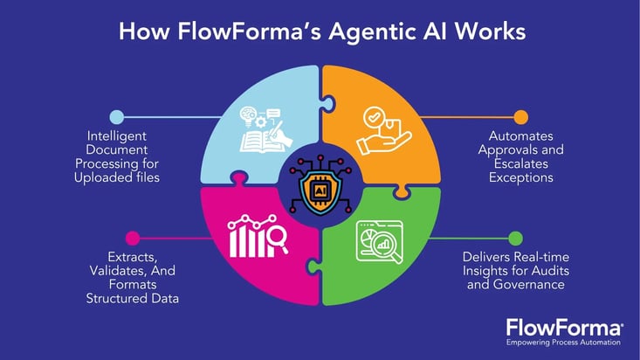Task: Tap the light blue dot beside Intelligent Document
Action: (116, 116)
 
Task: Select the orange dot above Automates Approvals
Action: (521, 116)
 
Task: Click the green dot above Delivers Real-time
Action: (515, 238)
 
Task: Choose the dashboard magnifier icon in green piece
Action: (378, 240)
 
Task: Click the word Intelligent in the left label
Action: (117, 135)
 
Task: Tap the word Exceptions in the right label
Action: (521, 178)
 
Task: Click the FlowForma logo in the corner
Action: (564, 327)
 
